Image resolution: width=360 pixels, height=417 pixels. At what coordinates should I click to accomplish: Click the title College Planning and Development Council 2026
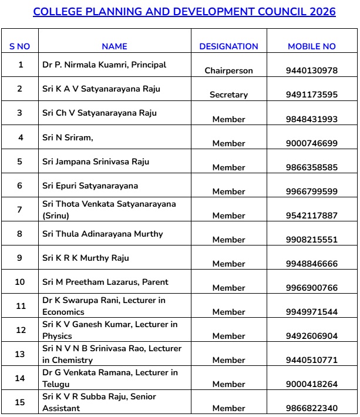coord(184,12)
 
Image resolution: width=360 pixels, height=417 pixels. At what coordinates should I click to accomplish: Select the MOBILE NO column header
coord(311,46)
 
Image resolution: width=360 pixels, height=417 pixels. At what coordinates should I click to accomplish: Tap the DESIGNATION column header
coord(228,46)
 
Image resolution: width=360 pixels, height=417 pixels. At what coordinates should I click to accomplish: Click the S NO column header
coord(20,46)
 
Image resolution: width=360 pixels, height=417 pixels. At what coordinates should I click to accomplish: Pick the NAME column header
coord(114,46)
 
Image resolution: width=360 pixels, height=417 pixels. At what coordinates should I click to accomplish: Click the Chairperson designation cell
coord(228,70)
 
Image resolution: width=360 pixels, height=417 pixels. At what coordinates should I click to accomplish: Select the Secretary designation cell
coord(228,95)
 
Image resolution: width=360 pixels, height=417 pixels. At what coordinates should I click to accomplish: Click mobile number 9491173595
coord(311,95)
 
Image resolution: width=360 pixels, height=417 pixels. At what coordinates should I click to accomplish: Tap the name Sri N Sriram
coord(68,137)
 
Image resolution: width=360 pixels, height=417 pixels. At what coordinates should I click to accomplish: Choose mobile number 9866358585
coord(311,167)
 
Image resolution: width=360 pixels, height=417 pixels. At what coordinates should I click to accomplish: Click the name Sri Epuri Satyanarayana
coord(90,186)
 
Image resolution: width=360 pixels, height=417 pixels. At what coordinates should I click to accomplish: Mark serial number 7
coord(20,210)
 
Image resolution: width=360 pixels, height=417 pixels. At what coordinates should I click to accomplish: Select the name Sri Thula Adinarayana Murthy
coord(102,234)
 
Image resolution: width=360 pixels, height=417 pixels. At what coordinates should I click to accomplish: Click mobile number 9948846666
coord(311,264)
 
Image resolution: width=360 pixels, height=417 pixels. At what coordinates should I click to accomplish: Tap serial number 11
coord(20,306)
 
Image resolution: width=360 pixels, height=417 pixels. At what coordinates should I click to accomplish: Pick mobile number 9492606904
coord(311,336)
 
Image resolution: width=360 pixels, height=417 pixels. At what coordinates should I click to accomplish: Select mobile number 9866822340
coord(311,408)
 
